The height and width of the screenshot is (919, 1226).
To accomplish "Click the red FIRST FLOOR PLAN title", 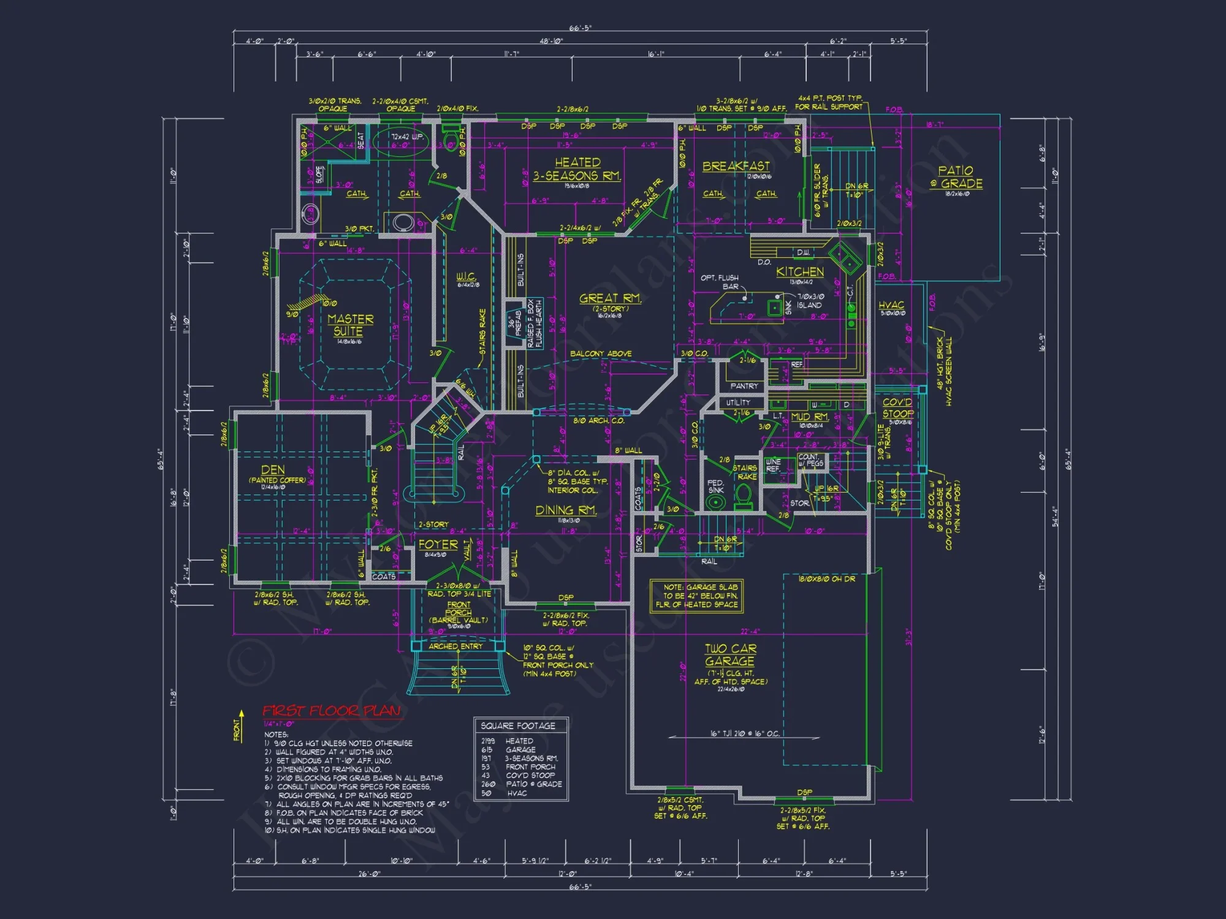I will (332, 711).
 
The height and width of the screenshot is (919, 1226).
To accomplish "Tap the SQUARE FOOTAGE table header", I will (518, 726).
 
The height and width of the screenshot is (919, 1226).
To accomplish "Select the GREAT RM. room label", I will (610, 298).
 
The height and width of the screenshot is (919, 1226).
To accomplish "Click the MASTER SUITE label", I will (350, 325).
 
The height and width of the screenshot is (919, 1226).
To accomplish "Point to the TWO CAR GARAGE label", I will (729, 655).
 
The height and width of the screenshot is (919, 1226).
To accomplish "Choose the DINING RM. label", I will (566, 510).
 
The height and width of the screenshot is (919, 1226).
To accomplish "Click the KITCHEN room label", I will (799, 271).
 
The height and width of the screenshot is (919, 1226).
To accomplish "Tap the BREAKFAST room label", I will (736, 166).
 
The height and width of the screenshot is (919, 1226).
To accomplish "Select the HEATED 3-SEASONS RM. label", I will (577, 169).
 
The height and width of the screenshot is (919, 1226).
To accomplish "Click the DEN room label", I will (273, 470).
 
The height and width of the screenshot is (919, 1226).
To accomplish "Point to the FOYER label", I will (438, 545).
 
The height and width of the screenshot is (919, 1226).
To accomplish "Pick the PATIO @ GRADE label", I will (956, 177).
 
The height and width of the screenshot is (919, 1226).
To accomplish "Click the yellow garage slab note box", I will (697, 596).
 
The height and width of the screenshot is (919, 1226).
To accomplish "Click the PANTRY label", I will (744, 386).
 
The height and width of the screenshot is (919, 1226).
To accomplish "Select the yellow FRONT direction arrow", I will (241, 723).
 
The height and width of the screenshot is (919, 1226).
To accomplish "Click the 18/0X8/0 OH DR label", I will (826, 579).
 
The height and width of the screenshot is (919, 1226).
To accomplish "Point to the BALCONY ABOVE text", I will (601, 354).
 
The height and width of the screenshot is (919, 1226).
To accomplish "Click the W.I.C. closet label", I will (466, 277).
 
